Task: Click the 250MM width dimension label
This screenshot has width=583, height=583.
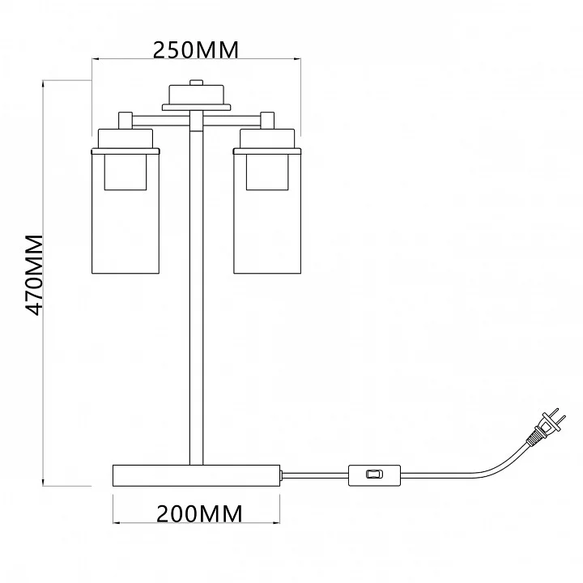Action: [x=196, y=50]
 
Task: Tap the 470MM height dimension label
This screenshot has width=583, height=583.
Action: [x=34, y=275]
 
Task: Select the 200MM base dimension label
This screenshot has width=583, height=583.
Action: [x=199, y=514]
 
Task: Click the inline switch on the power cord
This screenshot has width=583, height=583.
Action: [x=374, y=474]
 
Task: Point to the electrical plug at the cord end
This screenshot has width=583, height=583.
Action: [x=547, y=427]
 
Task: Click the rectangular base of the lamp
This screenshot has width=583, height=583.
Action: [x=196, y=475]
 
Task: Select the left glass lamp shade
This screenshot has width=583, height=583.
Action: [x=126, y=211]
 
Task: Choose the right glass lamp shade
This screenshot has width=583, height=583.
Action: [x=267, y=211]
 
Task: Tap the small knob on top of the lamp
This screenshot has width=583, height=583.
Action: [x=196, y=82]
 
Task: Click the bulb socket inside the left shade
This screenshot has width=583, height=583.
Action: [x=126, y=172]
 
